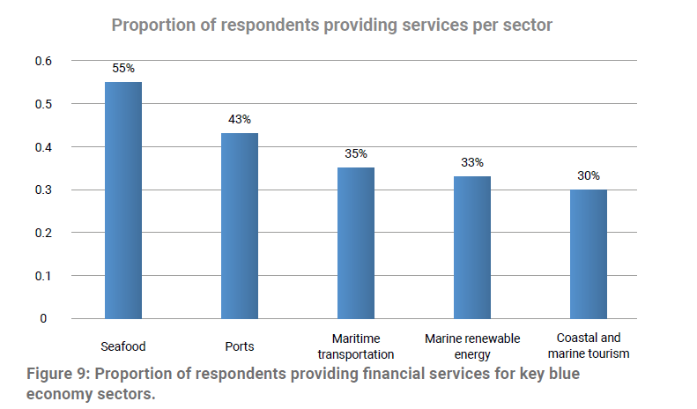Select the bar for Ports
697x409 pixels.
click(240, 226)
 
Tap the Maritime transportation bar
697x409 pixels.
click(356, 242)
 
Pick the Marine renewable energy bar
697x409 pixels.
click(472, 247)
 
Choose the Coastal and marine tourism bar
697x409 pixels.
click(589, 254)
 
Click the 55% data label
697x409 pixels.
click(123, 68)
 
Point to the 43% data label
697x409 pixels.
click(240, 119)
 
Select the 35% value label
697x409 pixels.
click(356, 153)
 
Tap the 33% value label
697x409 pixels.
click(472, 162)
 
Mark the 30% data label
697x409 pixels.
click(589, 175)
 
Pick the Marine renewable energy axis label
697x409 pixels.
click(472, 346)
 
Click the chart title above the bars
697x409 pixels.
click(331, 25)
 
